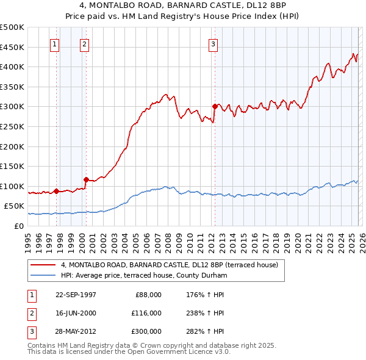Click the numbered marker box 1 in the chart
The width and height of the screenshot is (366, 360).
click(55, 44)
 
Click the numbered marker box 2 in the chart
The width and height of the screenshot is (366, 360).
click(84, 44)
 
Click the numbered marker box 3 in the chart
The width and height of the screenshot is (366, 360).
click(213, 44)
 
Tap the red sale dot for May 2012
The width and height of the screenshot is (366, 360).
click(215, 106)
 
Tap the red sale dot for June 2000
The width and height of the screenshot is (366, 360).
click(86, 179)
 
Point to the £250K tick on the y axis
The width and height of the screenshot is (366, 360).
click(13, 126)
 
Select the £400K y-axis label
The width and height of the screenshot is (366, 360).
click(13, 67)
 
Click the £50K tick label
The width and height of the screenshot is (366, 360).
click(15, 206)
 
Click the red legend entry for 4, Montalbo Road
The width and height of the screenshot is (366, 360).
click(170, 265)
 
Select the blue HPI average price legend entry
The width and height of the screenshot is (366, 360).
click(143, 276)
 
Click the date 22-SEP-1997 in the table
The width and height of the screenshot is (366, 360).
click(76, 294)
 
